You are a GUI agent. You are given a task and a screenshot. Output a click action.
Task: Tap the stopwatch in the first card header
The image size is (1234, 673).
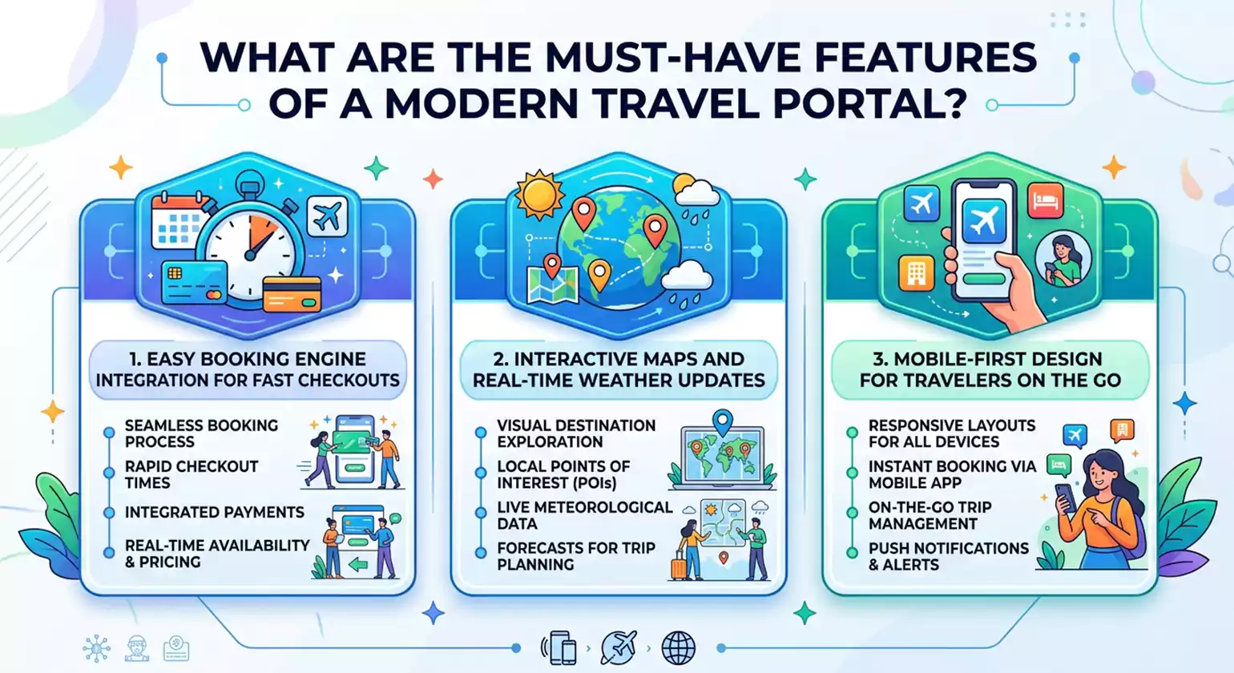250,248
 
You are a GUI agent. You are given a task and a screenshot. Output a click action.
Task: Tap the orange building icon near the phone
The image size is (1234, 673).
916,272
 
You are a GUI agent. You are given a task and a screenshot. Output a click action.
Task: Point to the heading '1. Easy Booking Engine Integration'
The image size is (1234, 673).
248,369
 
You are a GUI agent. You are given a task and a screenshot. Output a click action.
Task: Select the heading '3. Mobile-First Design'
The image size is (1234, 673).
990,369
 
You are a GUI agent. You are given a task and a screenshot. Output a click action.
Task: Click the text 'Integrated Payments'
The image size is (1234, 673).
214,512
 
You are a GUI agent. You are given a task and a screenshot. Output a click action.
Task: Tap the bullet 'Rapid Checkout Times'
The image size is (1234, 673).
192,474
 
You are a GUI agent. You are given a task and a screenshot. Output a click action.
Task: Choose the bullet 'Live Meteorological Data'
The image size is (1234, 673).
584,515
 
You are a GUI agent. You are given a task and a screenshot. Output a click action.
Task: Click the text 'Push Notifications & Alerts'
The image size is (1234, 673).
948,556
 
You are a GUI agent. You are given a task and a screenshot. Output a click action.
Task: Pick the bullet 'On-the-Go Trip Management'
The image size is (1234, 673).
930,515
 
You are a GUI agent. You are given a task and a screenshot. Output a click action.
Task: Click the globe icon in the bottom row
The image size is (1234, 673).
678,647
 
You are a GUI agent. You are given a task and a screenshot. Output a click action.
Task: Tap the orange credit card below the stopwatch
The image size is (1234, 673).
292,294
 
